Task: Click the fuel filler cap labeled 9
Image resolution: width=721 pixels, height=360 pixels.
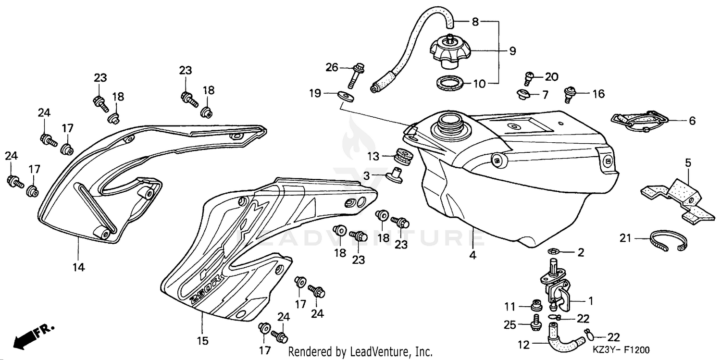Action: coord(449,50)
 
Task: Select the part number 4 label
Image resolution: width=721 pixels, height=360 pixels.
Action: coord(473,256)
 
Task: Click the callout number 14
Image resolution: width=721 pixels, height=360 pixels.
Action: coord(79,267)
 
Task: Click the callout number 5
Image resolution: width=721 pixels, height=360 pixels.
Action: coord(688,163)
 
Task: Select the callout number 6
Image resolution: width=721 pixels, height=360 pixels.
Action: coord(692,121)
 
